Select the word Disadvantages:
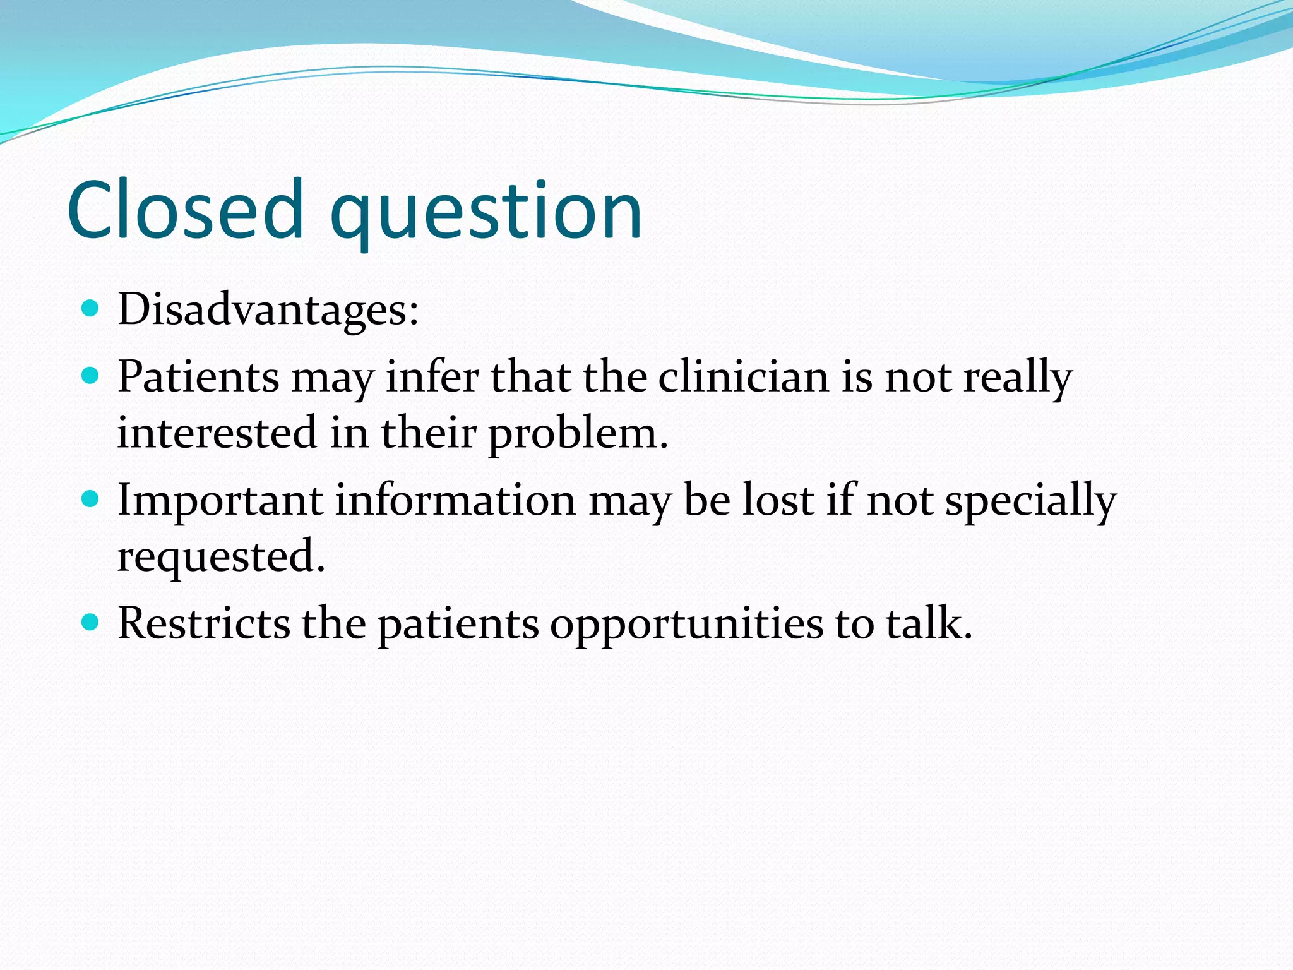point(268,310)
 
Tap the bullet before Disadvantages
point(92,308)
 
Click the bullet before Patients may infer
point(92,376)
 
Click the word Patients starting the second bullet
point(198,378)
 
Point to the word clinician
point(743,378)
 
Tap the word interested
point(217,434)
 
